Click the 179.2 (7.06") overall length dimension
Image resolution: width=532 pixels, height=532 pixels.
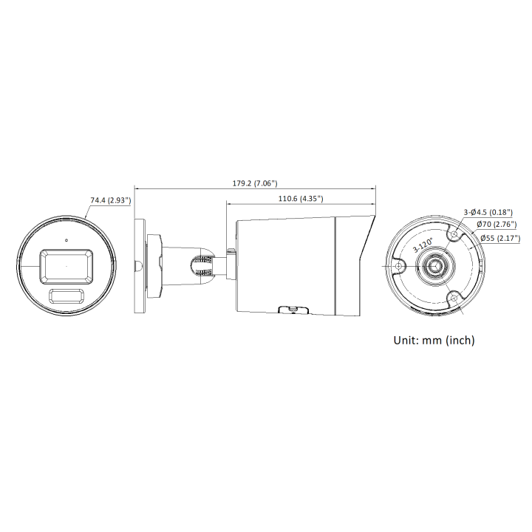point(255,183)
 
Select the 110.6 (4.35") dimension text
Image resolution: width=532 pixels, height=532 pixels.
point(301,199)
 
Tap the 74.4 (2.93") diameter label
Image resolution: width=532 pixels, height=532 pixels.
point(111,200)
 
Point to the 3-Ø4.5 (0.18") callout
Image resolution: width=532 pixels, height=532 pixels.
point(488,212)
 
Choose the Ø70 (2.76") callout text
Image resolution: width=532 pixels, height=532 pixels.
point(497,225)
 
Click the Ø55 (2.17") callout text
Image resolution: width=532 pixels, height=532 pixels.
point(500,239)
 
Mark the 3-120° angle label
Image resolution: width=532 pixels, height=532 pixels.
point(423,245)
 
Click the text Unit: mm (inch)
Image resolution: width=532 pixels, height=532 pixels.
point(434,340)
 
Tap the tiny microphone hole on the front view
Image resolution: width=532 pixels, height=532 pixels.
point(66,240)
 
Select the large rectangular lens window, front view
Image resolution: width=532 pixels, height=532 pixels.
point(66,267)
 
